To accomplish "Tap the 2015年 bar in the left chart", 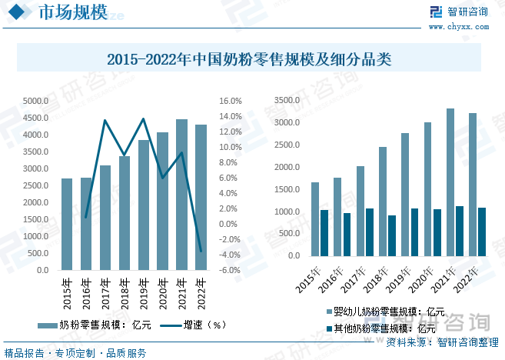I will [x=67, y=224].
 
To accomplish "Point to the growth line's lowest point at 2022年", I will [x=201, y=251].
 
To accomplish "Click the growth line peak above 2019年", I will [x=143, y=118].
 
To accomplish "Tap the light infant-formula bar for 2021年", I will [x=450, y=182].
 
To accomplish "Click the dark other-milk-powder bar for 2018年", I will [x=392, y=235].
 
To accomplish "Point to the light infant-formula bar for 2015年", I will [x=315, y=219].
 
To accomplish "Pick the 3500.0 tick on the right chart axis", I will [x=288, y=101].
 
